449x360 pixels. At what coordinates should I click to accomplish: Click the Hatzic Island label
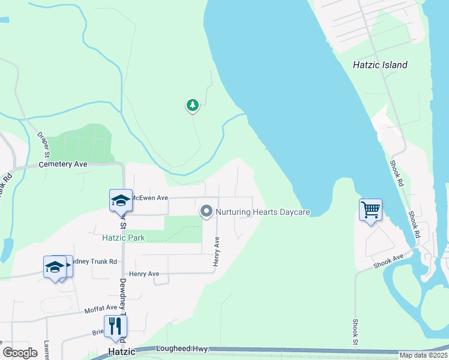click(380, 65)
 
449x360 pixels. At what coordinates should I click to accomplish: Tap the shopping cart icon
click(371, 210)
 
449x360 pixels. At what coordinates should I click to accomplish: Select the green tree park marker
click(192, 106)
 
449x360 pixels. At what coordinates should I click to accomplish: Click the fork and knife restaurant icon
click(115, 326)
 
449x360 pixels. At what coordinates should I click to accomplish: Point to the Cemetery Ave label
click(63, 164)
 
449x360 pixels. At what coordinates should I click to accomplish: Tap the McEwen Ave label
click(149, 197)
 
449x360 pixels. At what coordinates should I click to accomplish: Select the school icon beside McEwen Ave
click(120, 200)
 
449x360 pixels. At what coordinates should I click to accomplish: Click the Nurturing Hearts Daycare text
click(262, 212)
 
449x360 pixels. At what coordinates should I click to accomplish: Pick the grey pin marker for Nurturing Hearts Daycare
click(206, 211)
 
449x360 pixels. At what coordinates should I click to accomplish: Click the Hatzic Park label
click(123, 238)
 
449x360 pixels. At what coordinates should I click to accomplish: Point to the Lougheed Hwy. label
click(181, 348)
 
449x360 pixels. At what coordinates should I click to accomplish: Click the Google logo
click(20, 353)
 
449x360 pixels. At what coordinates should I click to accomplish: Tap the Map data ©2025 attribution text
click(423, 355)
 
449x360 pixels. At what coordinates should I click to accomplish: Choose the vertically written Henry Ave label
click(217, 252)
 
